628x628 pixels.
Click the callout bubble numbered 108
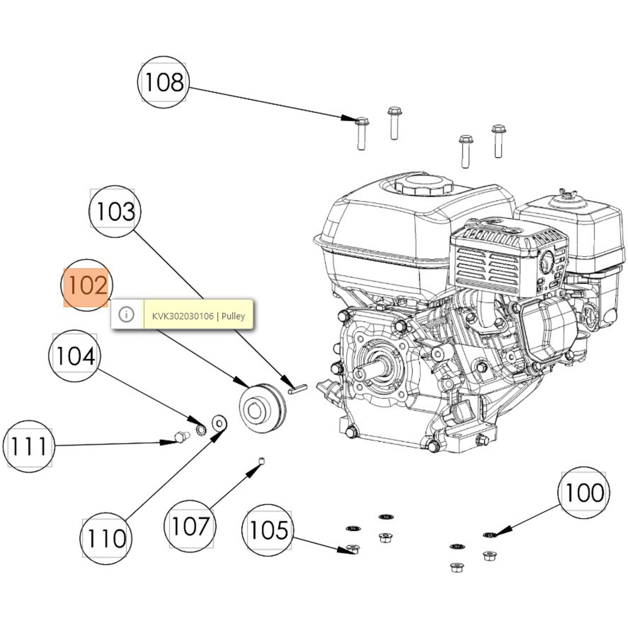163,82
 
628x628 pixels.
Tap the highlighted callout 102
86,285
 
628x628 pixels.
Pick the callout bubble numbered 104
75,356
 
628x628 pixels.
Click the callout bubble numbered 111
29,446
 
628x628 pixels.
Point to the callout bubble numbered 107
190,526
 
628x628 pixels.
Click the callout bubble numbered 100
584,493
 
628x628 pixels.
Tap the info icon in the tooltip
126,314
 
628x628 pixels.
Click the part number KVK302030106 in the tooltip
183,316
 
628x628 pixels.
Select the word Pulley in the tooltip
233,316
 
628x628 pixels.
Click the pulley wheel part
261,409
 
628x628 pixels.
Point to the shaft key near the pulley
298,390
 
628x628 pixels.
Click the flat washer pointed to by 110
219,423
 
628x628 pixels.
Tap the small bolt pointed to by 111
181,437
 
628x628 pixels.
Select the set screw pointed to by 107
262,460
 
